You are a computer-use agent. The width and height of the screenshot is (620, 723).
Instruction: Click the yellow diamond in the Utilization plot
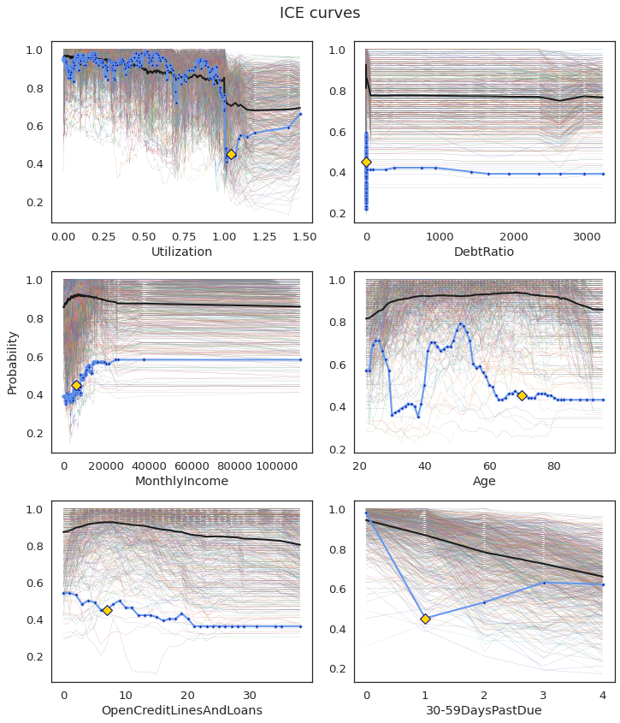[x=231, y=154]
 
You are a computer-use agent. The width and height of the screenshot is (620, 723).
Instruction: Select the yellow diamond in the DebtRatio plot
[x=366, y=162]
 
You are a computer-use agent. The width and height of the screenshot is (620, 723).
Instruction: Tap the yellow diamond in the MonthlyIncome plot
[x=76, y=385]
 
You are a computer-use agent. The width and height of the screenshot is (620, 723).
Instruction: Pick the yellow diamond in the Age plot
[x=522, y=395]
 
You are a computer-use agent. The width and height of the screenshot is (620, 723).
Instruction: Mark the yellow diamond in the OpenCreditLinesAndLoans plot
[x=107, y=610]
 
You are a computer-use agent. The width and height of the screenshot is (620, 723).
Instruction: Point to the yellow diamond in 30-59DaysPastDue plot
[x=425, y=619]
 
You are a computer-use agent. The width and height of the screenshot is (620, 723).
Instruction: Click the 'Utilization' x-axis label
[x=181, y=252]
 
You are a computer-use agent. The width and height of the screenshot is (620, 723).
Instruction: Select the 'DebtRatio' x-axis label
[x=484, y=252]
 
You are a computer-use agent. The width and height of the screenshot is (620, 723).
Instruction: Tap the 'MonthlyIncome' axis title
[x=181, y=481]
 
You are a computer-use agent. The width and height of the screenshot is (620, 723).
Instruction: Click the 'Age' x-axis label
[x=484, y=481]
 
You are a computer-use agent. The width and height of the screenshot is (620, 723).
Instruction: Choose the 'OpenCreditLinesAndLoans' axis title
[x=181, y=710]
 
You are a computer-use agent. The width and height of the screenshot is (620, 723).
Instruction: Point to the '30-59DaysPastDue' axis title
[x=484, y=710]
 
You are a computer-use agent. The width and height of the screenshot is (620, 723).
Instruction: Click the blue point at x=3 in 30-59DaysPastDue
[x=543, y=583]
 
